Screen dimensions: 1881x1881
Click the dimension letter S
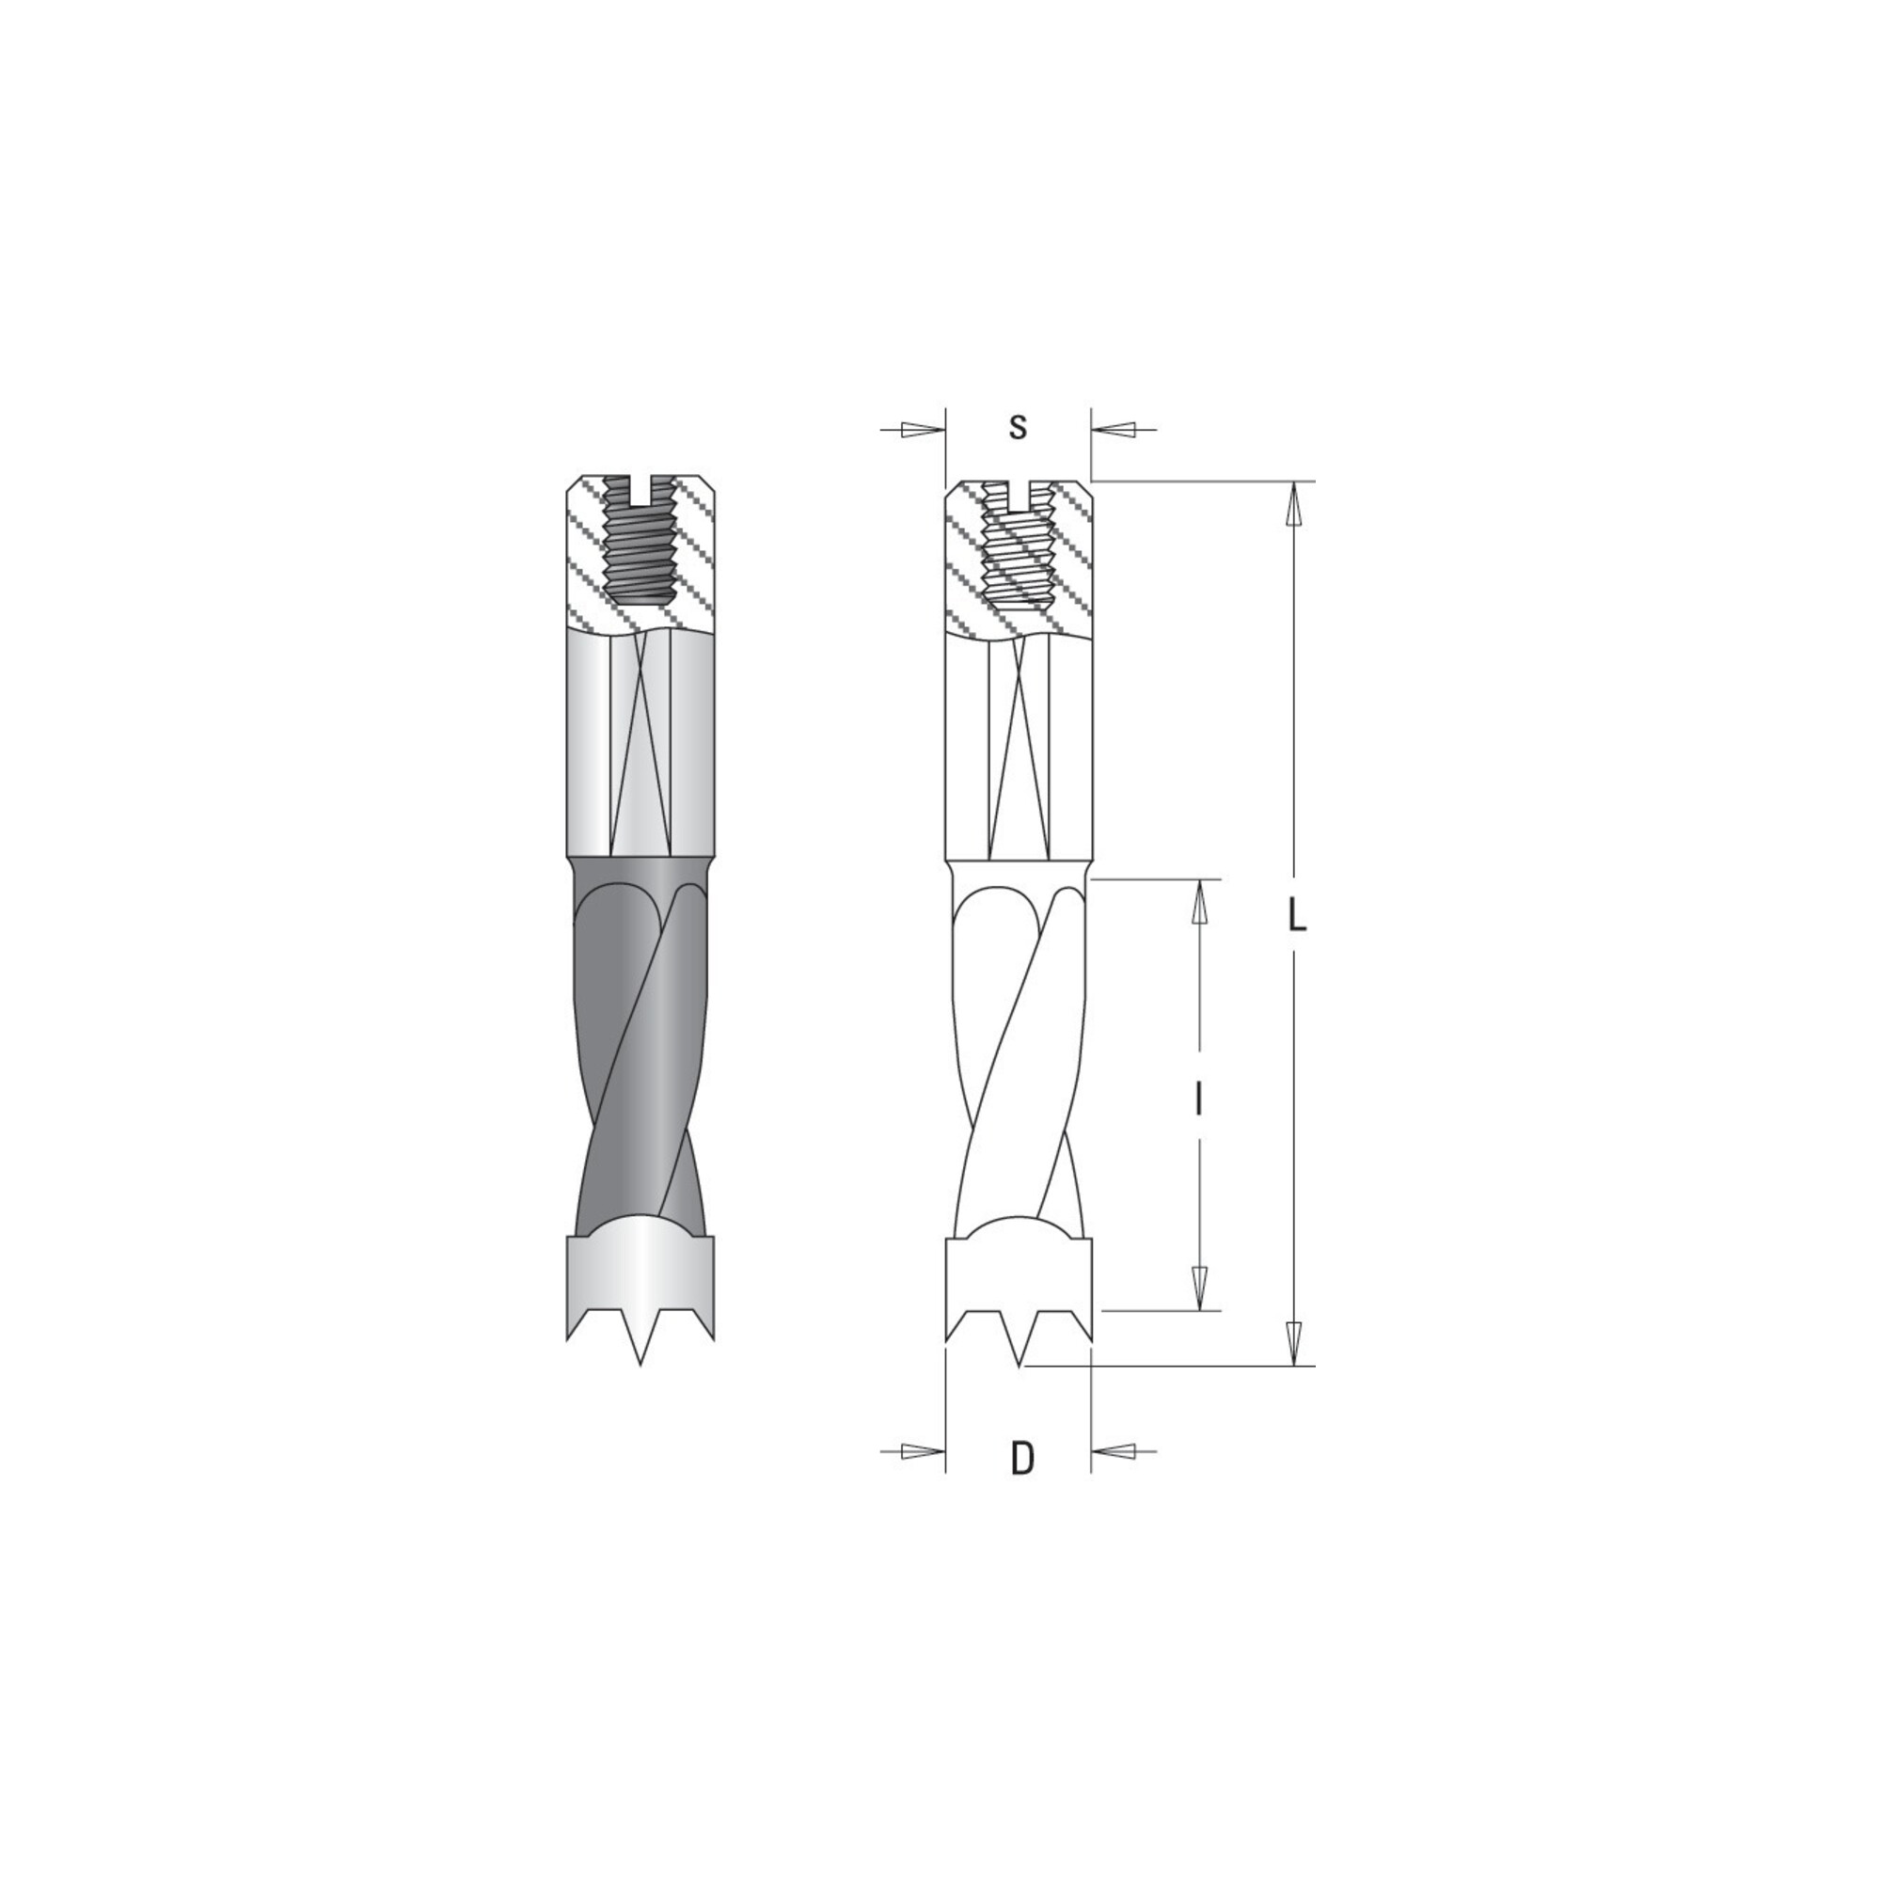tap(1018, 427)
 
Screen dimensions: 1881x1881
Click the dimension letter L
tap(1295, 915)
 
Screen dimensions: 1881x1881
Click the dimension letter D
tap(1021, 1486)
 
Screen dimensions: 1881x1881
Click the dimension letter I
tap(1199, 1100)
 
